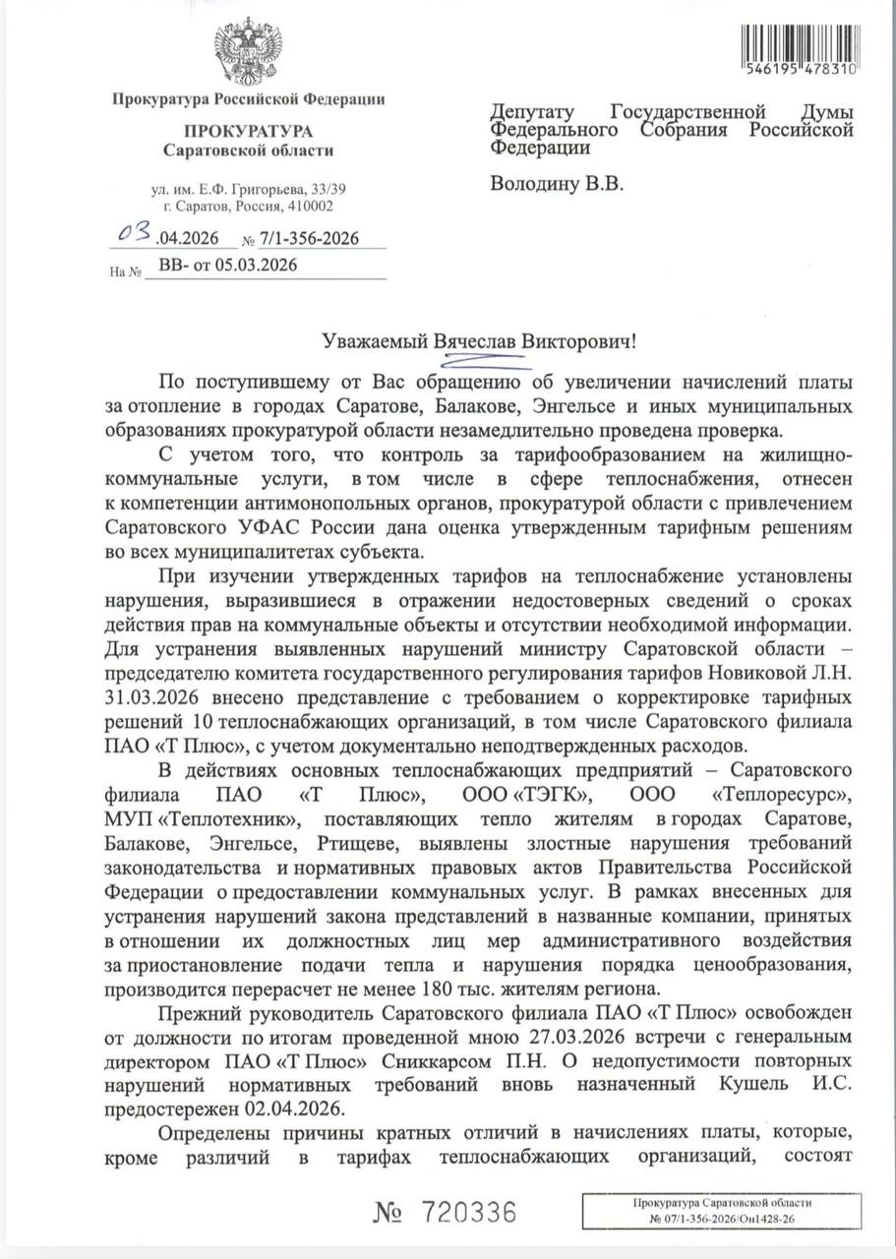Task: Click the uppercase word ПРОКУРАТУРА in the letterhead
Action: tap(248, 131)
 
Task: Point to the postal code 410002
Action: tap(309, 207)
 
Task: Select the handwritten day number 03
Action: tap(133, 234)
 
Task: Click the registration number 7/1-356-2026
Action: tap(310, 239)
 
